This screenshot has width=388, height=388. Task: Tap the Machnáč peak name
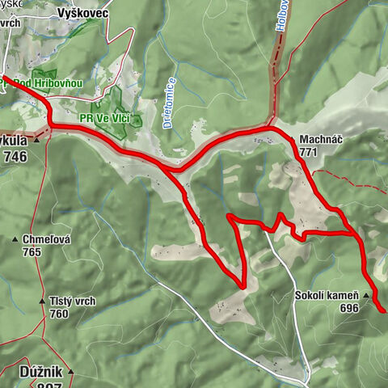tap(320, 139)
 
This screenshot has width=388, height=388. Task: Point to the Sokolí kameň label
tap(327, 296)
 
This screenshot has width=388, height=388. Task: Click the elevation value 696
tap(349, 308)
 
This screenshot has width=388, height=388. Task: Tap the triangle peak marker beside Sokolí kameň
tap(366, 297)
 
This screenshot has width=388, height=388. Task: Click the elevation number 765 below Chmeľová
tap(32, 251)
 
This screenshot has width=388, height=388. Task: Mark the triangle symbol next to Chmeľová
tap(15, 240)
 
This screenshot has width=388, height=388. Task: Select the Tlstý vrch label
tap(73, 302)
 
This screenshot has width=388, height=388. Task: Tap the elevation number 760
tap(58, 314)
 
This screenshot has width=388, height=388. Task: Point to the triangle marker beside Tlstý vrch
tap(42, 302)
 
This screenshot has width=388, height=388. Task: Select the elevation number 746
tap(15, 158)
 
